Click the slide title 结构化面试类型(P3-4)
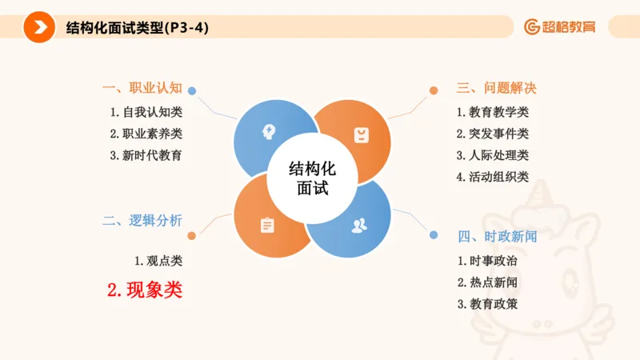point(138,28)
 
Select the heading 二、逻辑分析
point(142,221)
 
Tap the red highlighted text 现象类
point(145,290)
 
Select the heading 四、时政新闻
point(497,237)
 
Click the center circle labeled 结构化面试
point(312,178)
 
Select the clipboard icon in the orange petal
point(267,226)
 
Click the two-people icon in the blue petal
point(359,225)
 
